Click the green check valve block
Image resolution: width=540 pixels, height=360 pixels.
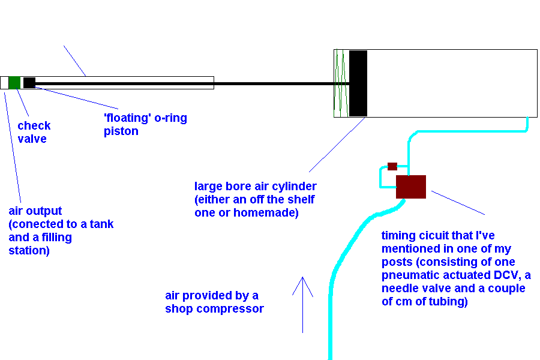(14, 83)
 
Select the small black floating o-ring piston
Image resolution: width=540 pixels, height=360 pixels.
(29, 83)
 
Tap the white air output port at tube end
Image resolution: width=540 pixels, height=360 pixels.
(4, 83)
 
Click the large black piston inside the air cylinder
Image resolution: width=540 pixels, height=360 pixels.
(358, 83)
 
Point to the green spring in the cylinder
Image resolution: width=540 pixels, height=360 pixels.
(341, 83)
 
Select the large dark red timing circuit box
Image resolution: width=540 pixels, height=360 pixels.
(411, 187)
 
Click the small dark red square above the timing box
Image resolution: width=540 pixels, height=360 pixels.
(392, 166)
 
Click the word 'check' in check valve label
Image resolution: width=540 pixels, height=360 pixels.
(34, 126)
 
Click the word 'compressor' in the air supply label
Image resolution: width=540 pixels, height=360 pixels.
(232, 309)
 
